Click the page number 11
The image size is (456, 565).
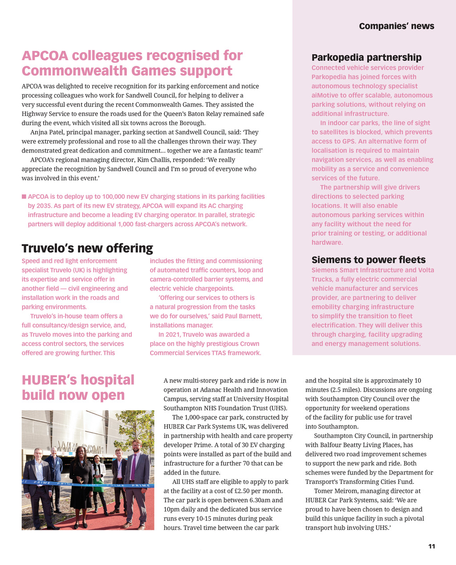(432, 546)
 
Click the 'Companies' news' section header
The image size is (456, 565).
(396, 26)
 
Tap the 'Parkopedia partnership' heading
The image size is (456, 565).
(366, 57)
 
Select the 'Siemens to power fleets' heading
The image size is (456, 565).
(368, 260)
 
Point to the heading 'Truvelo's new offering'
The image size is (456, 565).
(87, 248)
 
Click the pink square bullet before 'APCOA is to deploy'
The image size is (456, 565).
(24, 197)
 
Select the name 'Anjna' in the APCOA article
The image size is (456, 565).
(39, 132)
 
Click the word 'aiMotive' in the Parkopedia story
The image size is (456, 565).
(324, 95)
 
